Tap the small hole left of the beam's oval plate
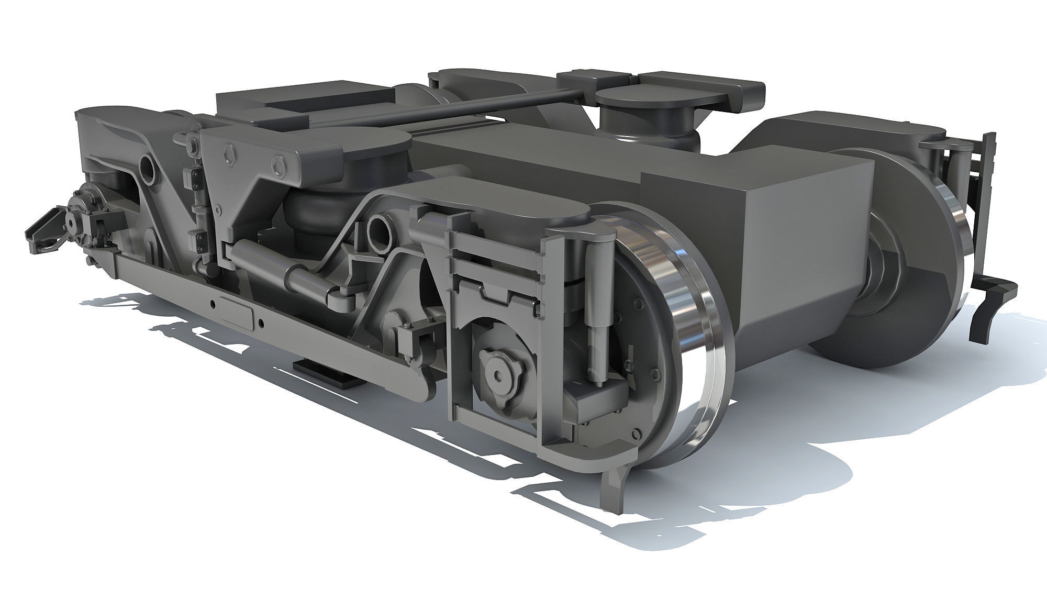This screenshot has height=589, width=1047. pyautogui.click(x=213, y=303)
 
